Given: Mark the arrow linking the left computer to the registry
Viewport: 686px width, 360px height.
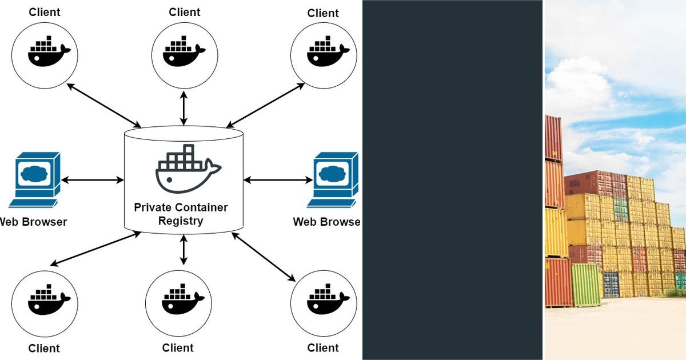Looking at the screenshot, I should pos(92,180).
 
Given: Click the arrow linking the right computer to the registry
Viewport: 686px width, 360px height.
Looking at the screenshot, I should pos(278,180).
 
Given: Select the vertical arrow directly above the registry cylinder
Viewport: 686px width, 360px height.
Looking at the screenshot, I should pos(184,107).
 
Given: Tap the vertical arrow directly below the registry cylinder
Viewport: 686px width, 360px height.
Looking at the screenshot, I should pos(184,250).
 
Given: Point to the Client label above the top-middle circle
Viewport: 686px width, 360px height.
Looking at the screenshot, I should pos(185,12).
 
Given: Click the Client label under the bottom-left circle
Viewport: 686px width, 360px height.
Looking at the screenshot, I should pos(44,348).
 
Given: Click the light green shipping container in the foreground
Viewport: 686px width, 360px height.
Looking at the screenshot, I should pos(586,284).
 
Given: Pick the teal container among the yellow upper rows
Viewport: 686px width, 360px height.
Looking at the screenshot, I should pos(621,209).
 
